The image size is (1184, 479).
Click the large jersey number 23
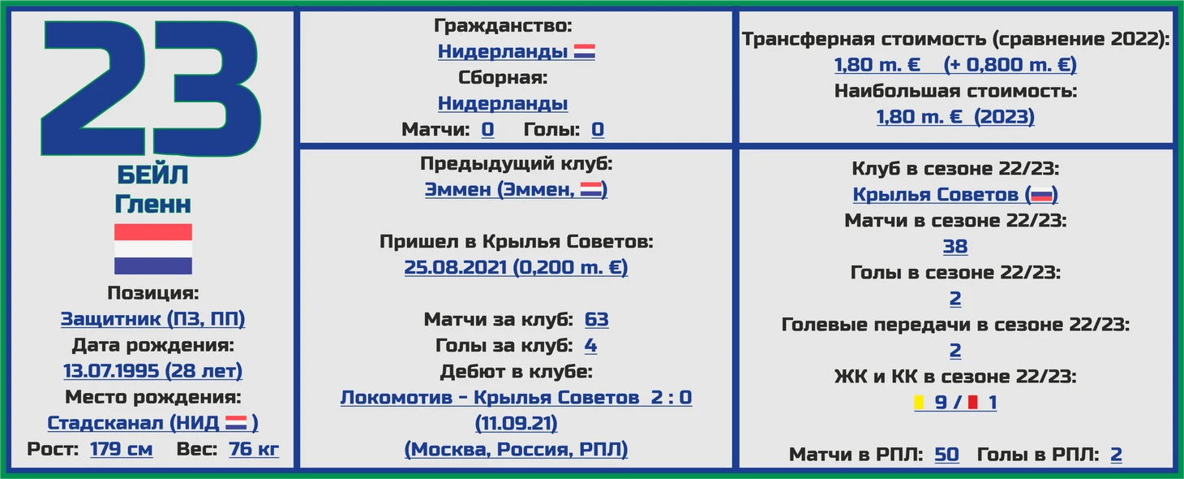151,88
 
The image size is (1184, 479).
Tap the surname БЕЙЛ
152,175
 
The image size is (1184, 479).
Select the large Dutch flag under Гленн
153,248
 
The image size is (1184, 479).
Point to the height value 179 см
122,449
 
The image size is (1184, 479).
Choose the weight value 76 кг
254,449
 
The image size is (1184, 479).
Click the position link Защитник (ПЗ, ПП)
152,318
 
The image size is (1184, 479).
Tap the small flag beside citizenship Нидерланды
585,52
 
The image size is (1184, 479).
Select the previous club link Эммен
457,189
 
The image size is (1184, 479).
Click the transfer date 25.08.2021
456,267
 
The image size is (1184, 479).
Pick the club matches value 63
597,319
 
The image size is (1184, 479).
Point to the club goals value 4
591,345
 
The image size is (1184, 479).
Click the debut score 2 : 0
671,397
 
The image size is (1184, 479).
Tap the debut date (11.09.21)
516,423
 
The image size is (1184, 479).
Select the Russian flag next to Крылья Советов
1042,195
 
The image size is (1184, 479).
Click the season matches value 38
955,246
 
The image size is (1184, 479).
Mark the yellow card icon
919,402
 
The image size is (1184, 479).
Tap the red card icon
972,402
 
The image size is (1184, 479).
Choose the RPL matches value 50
946,454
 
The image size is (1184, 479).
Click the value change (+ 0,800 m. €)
1010,65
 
